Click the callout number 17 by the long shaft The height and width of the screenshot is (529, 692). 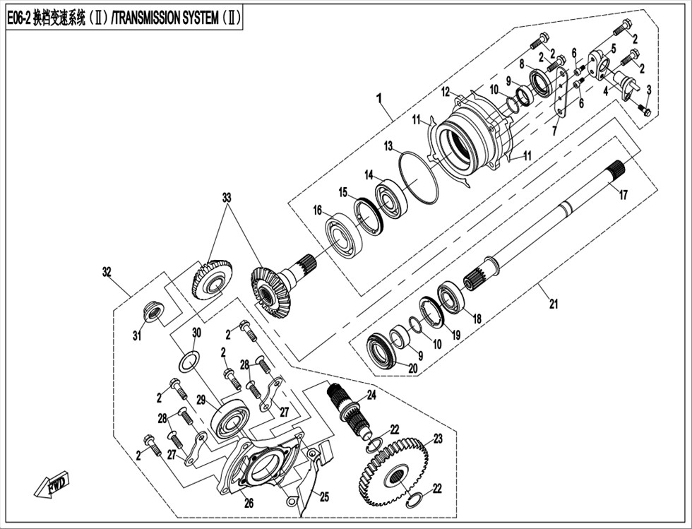click(623, 195)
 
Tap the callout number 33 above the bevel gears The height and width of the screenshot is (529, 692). click(227, 197)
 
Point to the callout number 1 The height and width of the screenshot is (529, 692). click(379, 98)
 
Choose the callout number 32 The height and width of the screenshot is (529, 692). click(107, 272)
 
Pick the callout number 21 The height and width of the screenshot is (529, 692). click(554, 304)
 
